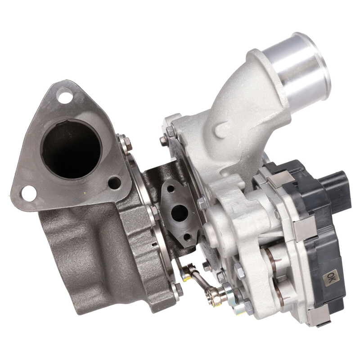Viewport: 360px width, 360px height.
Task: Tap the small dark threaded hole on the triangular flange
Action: coord(114,183)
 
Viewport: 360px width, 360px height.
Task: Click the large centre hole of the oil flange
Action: coord(180,213)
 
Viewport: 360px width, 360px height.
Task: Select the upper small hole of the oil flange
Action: coord(171,189)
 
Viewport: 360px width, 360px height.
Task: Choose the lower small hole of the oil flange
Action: coord(187,236)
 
